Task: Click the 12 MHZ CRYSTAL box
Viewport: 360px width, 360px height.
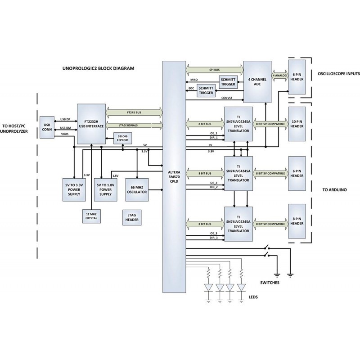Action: tap(91, 216)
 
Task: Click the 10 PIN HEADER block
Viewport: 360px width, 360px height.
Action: tap(297, 124)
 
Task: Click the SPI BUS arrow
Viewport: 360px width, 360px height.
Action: tap(214, 70)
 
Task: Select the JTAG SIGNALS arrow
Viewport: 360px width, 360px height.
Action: tap(134, 125)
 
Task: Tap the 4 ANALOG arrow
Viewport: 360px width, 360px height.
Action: tap(279, 76)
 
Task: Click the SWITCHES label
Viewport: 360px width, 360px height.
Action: tap(270, 283)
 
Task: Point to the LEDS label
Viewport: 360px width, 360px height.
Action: tap(253, 297)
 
